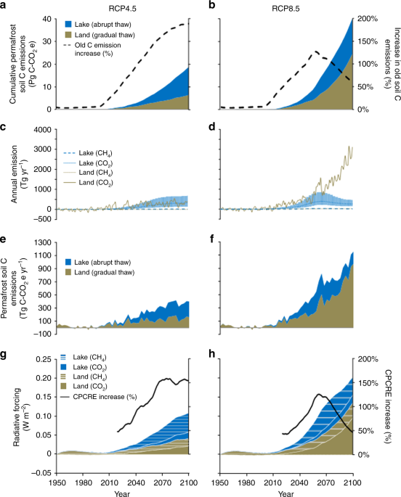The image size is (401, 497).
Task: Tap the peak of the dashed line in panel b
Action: (294, 52)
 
